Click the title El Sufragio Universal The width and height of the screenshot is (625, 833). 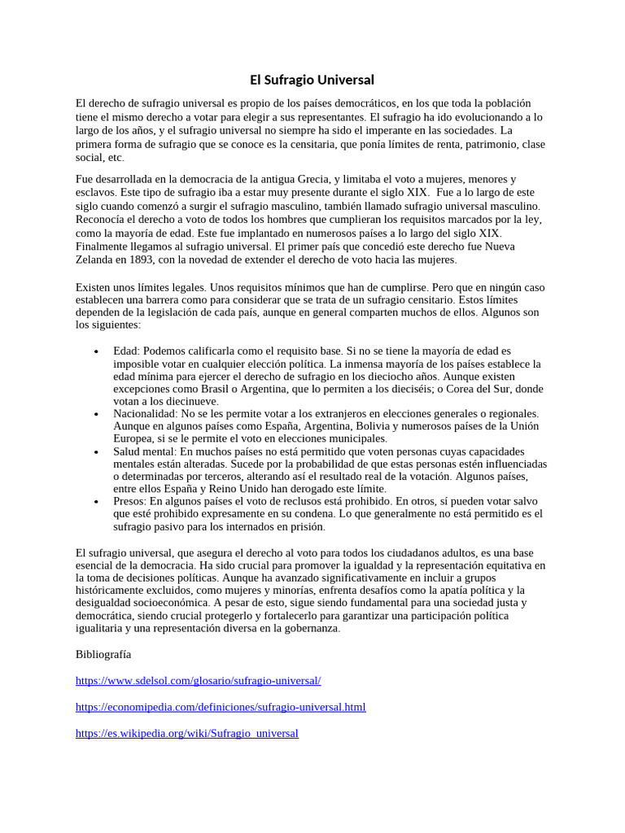tap(312, 80)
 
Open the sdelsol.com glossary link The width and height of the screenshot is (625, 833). tap(199, 681)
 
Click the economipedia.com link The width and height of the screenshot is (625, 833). tap(221, 707)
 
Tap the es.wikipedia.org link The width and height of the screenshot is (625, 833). tap(186, 733)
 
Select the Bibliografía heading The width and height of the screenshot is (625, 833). tap(103, 654)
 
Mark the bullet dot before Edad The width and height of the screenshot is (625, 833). tap(97, 351)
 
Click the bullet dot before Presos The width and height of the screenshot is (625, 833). tap(97, 502)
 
